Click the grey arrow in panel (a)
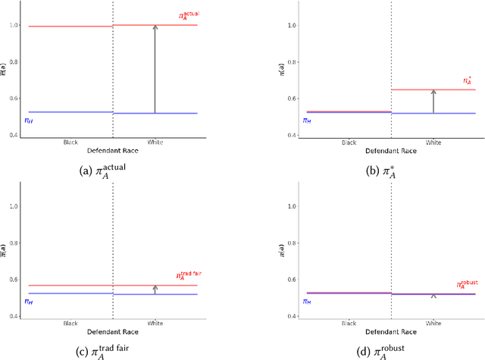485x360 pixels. (x=155, y=69)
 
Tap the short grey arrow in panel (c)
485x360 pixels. (x=155, y=290)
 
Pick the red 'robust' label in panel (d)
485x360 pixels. (x=468, y=285)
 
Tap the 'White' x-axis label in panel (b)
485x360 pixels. (x=433, y=142)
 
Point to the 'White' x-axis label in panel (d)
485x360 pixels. (x=433, y=323)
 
